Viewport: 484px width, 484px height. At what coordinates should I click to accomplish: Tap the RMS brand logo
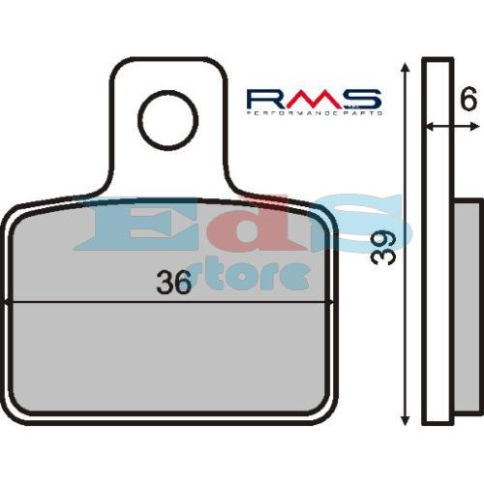tap(314, 99)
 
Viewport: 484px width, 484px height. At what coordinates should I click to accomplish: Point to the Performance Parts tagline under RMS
tap(314, 113)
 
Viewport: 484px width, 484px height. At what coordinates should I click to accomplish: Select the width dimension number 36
tap(173, 284)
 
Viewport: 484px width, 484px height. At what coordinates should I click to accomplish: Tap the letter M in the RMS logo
tap(313, 99)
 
